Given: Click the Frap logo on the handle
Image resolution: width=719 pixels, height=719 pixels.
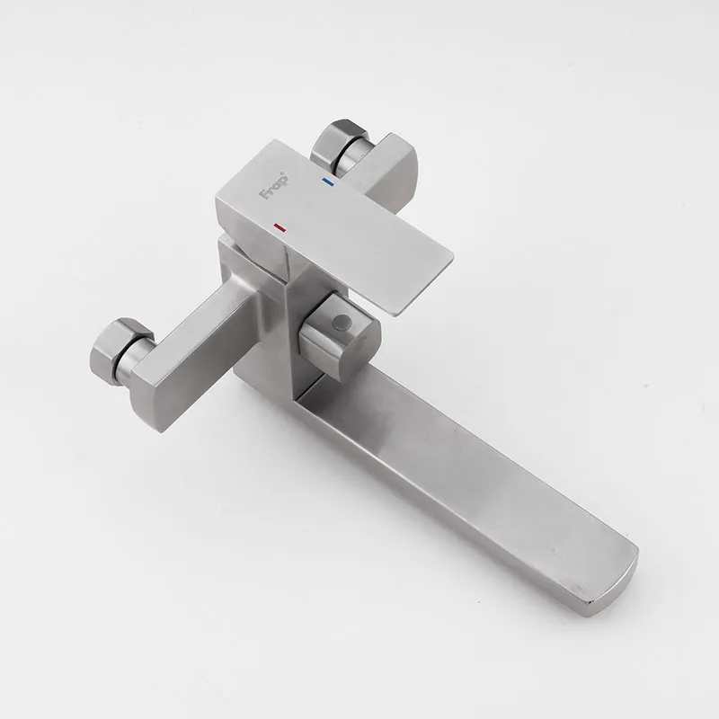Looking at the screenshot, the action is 274,186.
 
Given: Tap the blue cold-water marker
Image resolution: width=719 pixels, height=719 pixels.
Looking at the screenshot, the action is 328,182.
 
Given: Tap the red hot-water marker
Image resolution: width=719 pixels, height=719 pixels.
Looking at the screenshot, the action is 280,226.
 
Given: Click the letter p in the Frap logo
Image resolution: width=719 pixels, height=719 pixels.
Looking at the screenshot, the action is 282,181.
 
